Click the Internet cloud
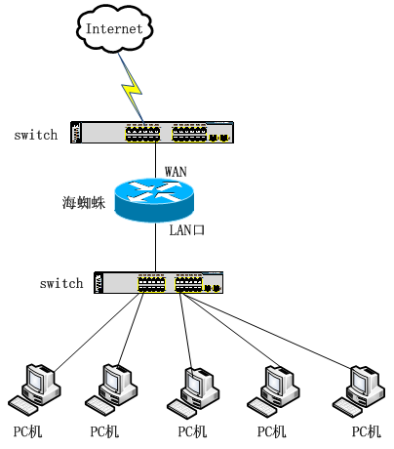[114, 28]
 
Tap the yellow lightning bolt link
[132, 88]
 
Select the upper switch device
[152, 132]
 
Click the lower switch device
[159, 282]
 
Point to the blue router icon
[154, 200]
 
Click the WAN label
[176, 172]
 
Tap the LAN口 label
[187, 230]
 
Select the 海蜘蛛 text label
[84, 202]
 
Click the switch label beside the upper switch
[36, 135]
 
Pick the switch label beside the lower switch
[61, 283]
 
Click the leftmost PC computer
[34, 389]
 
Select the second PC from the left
[111, 389]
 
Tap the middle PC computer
[193, 393]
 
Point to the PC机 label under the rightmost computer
[367, 431]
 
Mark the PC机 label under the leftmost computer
[27, 431]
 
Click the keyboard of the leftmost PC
[23, 406]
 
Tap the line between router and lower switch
[155, 247]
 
